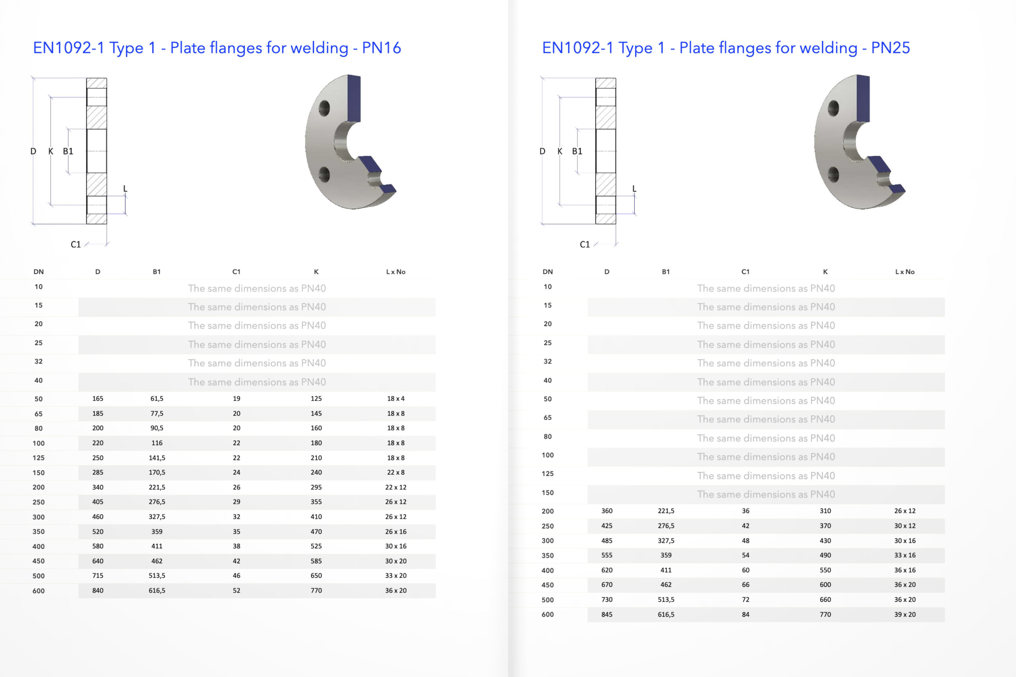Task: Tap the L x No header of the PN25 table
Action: (905, 271)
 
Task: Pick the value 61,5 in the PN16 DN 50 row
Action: (157, 398)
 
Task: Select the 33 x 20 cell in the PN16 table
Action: (395, 575)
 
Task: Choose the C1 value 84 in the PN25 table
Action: (745, 614)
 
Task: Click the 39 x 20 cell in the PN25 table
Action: (905, 614)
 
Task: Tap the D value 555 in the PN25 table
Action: (607, 555)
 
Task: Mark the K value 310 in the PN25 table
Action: (825, 511)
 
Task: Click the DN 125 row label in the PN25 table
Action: (547, 474)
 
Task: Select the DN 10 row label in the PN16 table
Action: (39, 287)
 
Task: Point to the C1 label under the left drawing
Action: (75, 244)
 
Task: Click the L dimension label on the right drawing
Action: (634, 189)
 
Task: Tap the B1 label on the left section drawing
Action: (68, 151)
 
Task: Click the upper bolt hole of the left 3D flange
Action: (324, 108)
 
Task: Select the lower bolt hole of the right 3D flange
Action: (833, 175)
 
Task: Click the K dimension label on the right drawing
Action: (560, 151)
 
